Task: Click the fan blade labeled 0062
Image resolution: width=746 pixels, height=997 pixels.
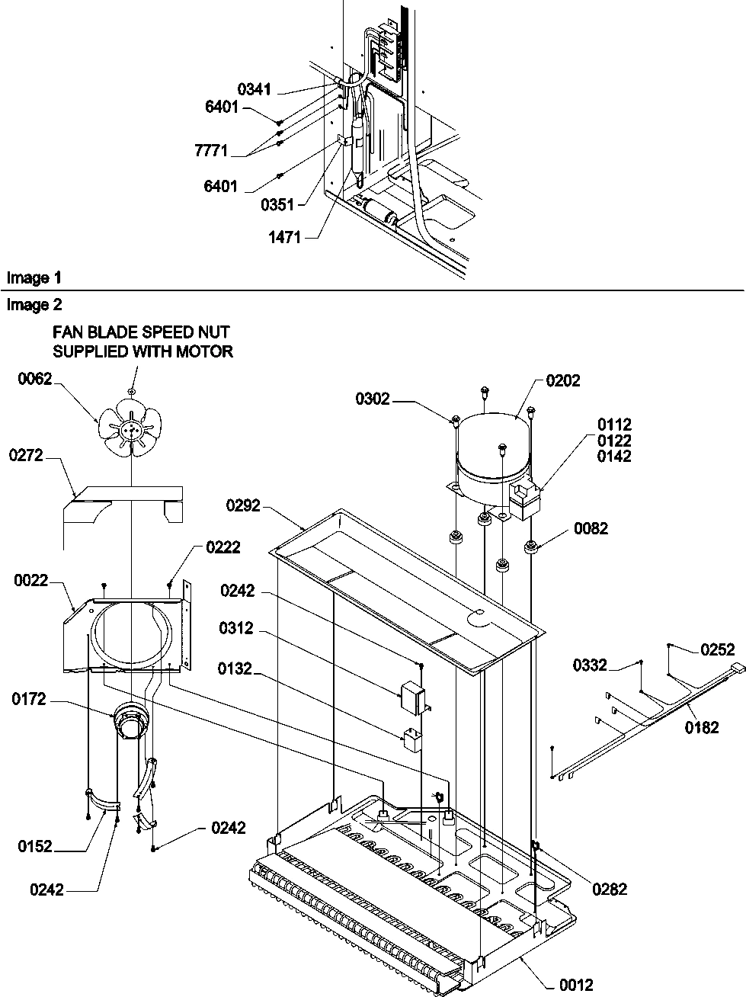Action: coord(132,429)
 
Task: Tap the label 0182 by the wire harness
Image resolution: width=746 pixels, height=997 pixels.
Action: coord(700,727)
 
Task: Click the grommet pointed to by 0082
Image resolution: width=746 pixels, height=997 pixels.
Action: coord(530,546)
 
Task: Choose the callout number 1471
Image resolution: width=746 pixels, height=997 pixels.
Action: coord(283,238)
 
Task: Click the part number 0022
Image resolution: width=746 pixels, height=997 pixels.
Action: coord(31,581)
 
